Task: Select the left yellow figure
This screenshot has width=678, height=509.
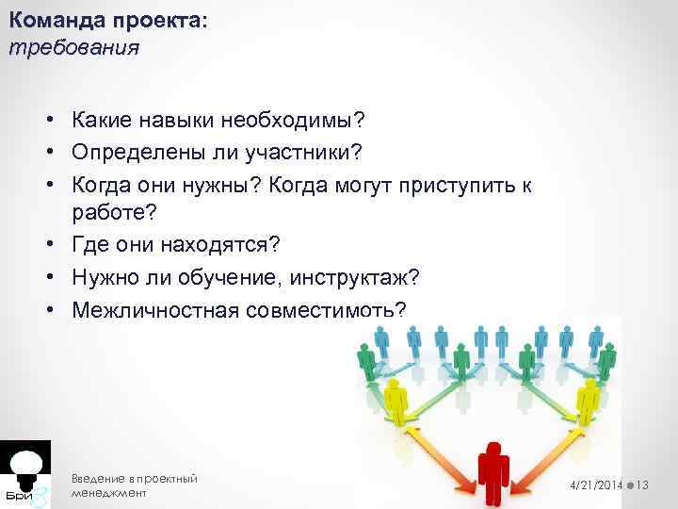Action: click(x=396, y=402)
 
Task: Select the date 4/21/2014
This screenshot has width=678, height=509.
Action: click(x=595, y=484)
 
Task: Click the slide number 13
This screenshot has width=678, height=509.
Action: click(x=645, y=484)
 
